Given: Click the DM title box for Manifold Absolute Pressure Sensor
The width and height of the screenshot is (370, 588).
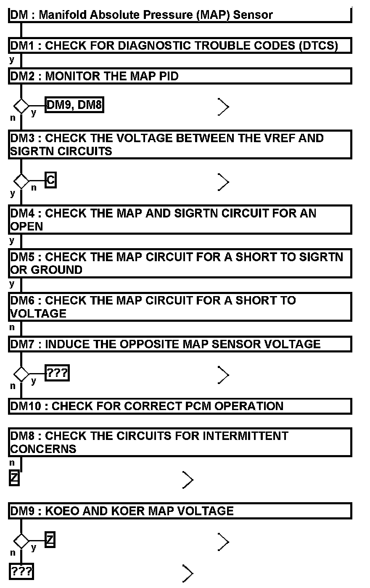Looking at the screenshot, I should pos(180,15).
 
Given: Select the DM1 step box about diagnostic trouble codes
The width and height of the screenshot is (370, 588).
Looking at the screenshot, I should pos(180,45).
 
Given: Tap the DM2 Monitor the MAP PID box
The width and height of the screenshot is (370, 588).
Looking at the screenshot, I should pos(180,76).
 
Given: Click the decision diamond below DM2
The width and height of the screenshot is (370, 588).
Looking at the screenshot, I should pos(21,106).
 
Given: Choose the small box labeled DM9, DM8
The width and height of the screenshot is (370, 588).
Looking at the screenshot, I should pos(74,105).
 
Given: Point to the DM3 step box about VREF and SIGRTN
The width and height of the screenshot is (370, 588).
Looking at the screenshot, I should pos(180,144).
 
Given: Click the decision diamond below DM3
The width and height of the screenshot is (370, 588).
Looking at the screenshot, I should pos(21,181).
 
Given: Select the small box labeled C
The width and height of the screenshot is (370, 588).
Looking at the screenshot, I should pos(50,180).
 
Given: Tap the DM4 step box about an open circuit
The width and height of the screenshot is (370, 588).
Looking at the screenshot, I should pos(180,219).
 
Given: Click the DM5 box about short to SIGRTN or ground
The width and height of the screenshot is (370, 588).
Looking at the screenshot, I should pos(180,263).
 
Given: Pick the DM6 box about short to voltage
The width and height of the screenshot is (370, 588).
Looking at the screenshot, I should pos(180,307).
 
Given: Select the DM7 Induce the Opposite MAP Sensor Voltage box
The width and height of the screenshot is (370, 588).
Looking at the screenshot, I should pos(180,344).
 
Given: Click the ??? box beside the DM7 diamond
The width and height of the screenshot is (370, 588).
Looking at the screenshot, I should pos(57,373).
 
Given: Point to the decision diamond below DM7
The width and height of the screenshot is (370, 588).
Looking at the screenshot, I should pos(21,373).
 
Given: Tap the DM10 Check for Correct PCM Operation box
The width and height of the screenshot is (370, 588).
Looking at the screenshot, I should pos(180,406).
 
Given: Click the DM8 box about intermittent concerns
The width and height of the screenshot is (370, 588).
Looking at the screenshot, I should pos(180,442).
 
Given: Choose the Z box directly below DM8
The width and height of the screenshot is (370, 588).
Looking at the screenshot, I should pos(14,478).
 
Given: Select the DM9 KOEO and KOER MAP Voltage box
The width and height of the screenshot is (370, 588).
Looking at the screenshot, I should pos(180,511).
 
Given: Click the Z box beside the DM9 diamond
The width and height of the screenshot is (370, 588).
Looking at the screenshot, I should pos(50,540).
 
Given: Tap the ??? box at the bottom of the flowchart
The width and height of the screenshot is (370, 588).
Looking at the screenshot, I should pos(21,572).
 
